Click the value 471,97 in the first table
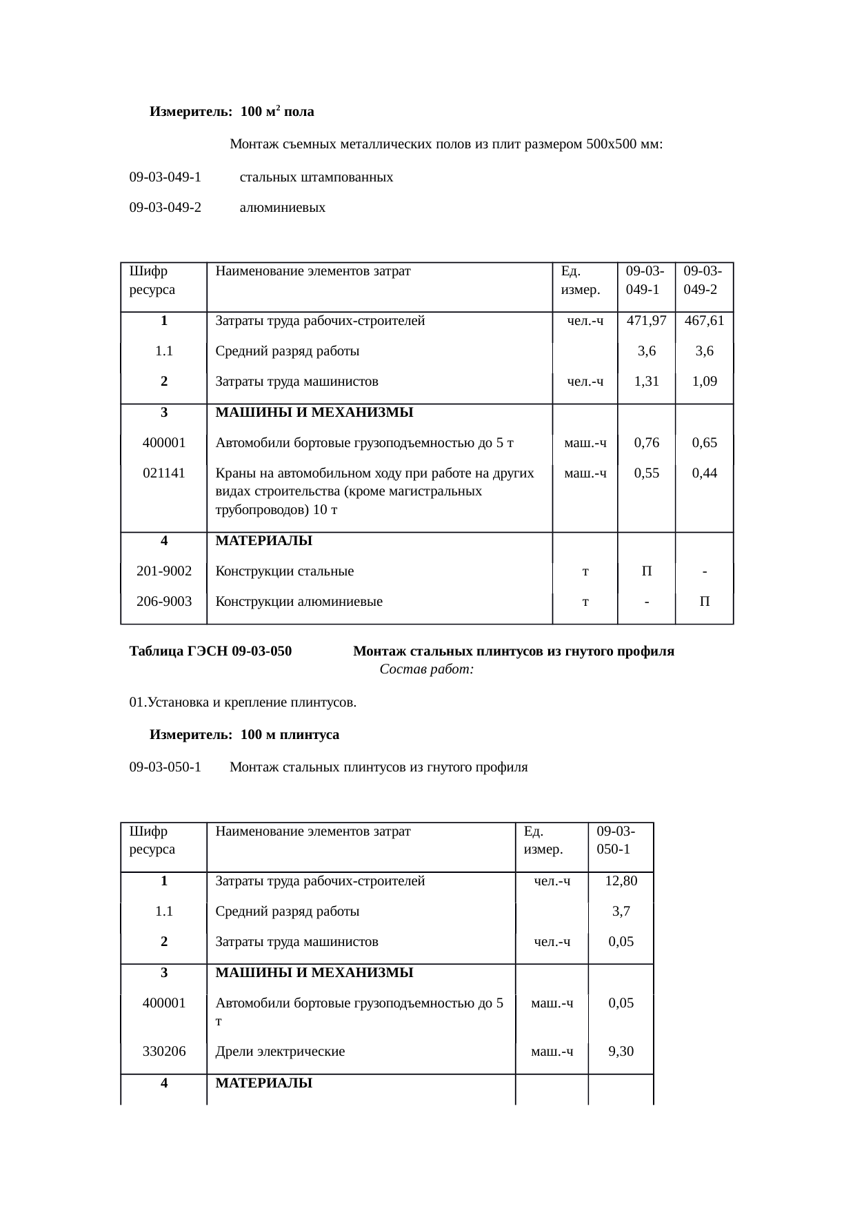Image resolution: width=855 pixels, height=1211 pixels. click(646, 321)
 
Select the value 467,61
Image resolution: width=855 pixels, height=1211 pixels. click(704, 321)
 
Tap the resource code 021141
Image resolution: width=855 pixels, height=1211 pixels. click(163, 473)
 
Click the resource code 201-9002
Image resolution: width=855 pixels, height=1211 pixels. click(164, 571)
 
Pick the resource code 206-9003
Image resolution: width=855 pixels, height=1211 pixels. click(164, 602)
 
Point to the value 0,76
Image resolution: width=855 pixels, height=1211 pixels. click(646, 443)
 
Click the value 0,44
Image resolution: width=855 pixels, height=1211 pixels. click(704, 473)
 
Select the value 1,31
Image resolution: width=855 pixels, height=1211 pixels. click(646, 382)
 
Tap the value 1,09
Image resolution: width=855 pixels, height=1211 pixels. click(704, 382)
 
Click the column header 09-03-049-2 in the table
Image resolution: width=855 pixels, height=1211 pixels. click(703, 280)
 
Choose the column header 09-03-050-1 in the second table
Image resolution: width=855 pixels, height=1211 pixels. click(615, 840)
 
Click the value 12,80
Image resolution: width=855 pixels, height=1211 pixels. click(621, 881)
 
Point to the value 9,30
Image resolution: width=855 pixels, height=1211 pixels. click(621, 1052)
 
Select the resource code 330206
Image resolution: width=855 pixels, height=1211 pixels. click(163, 1052)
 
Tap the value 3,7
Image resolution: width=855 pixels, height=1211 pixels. click(621, 912)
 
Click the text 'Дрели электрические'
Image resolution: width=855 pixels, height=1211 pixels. click(280, 1052)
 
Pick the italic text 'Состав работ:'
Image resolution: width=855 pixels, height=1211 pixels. click(426, 670)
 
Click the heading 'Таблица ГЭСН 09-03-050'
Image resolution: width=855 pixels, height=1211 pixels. click(210, 651)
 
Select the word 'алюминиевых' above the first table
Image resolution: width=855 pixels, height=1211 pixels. click(282, 208)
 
